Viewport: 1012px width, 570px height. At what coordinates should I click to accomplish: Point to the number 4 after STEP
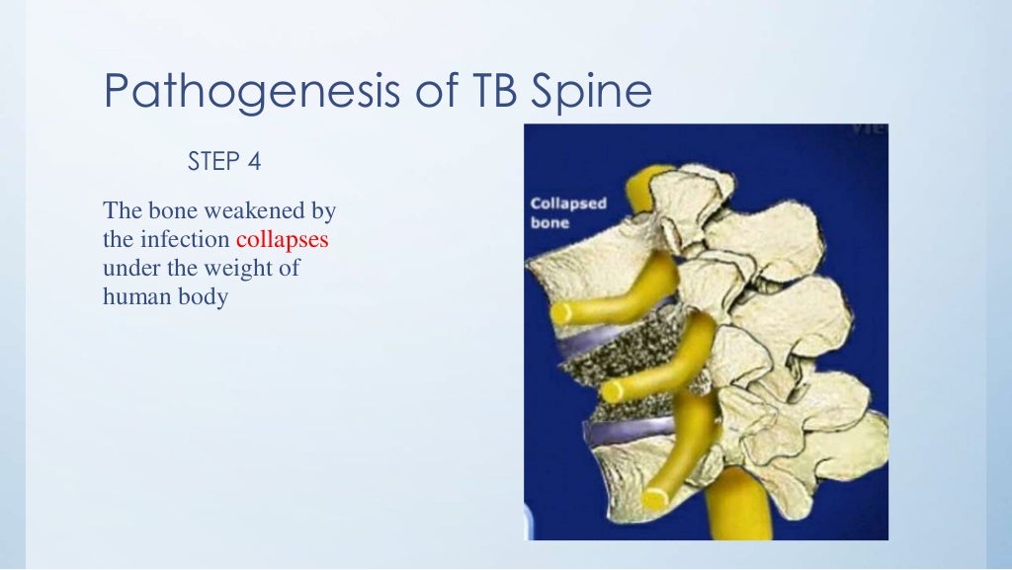coord(255,161)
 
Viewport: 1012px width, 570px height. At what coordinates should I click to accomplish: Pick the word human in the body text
coord(133,296)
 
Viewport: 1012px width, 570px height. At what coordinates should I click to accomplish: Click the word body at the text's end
coord(202,296)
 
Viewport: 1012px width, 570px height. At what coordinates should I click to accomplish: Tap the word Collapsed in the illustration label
coord(568,204)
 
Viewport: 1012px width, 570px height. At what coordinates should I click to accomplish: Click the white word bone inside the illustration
coord(550,223)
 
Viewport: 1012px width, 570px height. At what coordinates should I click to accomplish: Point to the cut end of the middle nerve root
coord(613,390)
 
